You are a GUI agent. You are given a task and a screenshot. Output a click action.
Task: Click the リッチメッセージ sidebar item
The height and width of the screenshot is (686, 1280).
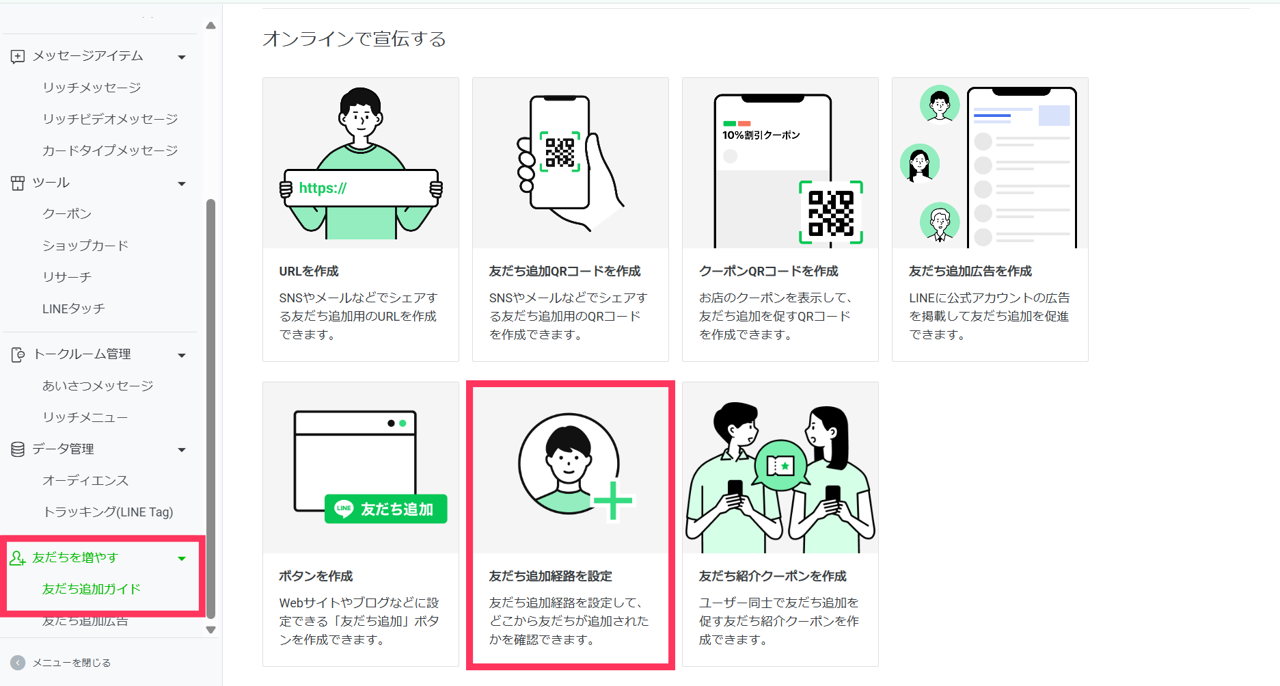[x=92, y=88]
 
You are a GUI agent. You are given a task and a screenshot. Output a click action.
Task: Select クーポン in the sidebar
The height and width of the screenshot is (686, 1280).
[x=67, y=214]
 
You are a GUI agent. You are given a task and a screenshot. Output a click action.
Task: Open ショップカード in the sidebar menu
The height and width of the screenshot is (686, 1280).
[x=85, y=246]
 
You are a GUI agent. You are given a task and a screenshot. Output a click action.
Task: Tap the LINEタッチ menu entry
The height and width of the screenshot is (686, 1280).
[x=74, y=308]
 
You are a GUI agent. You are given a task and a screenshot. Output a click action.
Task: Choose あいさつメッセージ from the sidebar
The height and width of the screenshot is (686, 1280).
[x=98, y=386]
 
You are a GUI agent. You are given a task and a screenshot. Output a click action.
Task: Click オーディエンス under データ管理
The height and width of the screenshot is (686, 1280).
[x=85, y=480]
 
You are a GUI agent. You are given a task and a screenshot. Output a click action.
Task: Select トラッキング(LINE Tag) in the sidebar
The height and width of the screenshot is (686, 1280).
[x=108, y=512]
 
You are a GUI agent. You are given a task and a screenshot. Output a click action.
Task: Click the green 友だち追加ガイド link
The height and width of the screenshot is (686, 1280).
[x=92, y=589]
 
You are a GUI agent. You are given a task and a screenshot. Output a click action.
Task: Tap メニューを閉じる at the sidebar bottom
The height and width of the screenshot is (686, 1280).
[x=72, y=663]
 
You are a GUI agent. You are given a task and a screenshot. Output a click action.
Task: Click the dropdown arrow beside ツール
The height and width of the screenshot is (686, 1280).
[x=182, y=183]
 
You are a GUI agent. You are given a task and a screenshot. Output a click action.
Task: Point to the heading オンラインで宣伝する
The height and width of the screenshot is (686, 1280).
[x=354, y=39]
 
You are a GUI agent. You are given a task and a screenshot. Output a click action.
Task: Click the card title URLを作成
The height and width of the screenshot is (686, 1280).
[x=309, y=271]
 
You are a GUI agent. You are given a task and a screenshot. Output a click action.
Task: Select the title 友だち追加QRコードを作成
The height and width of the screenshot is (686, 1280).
[x=564, y=271]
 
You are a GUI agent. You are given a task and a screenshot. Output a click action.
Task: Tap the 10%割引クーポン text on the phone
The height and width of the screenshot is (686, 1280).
[x=761, y=135]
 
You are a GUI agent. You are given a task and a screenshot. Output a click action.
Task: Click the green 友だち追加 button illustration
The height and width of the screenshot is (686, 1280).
[x=386, y=509]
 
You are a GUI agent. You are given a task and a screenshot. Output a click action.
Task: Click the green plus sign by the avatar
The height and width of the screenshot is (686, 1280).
[x=613, y=501]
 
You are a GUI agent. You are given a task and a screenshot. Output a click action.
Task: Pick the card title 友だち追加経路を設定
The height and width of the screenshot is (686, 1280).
[x=550, y=576]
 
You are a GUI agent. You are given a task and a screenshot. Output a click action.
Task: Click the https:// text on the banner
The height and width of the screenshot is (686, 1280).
[x=323, y=188]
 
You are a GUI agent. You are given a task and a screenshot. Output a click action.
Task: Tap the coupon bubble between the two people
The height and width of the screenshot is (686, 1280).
[x=780, y=465]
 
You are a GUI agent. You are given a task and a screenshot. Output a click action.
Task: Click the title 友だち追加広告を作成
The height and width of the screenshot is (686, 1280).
[x=970, y=271]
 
